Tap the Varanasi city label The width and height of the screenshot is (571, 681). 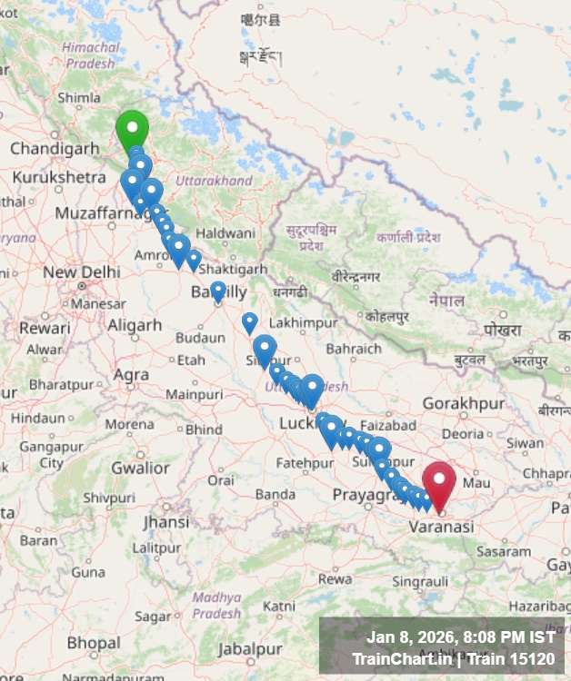[441, 527]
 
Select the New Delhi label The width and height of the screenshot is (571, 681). [81, 272]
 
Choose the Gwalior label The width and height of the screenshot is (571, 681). [140, 468]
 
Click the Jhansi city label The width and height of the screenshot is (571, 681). [165, 522]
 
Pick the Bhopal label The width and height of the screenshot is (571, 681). [93, 642]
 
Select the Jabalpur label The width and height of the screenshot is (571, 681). [249, 649]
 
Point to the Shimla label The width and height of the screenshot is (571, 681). [79, 98]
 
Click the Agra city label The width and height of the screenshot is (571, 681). [132, 373]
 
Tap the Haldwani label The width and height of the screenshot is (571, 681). [225, 233]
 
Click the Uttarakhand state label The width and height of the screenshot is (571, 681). [214, 181]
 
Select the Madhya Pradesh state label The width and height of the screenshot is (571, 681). [216, 606]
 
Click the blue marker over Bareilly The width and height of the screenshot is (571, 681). [218, 290]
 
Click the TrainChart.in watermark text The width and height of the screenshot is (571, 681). [400, 658]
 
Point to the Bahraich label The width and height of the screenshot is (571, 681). [354, 349]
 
